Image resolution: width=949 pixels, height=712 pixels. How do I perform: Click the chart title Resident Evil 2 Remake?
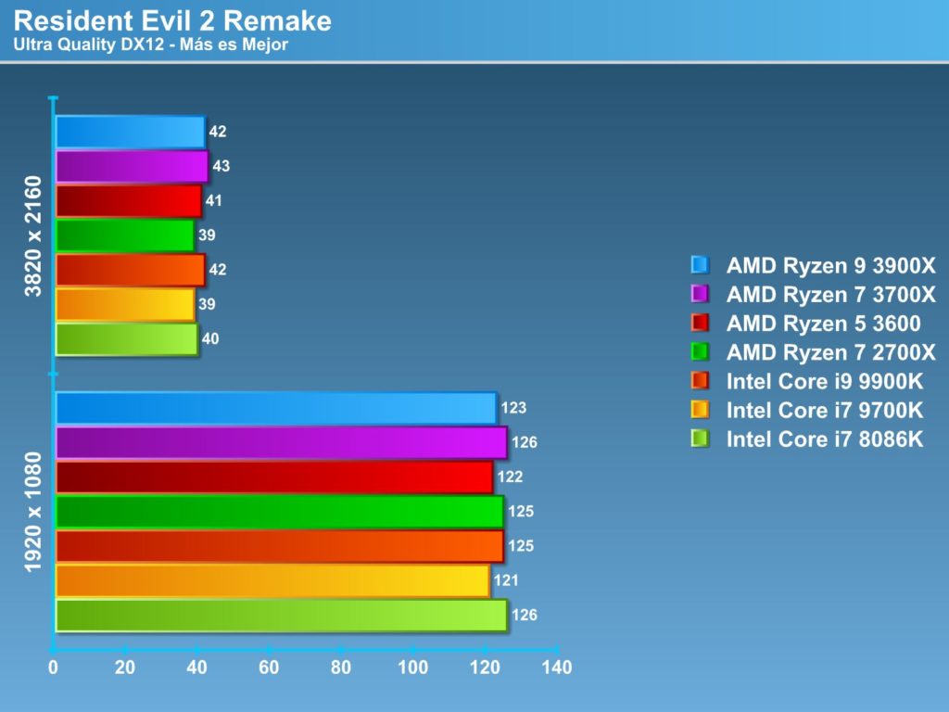click(172, 20)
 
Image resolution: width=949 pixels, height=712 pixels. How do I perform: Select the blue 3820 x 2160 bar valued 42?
click(130, 132)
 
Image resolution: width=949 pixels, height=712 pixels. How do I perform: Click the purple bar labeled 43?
click(132, 166)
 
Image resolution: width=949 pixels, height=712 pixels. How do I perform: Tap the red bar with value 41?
click(129, 200)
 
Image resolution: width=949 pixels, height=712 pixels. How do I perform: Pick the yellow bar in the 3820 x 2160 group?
click(125, 304)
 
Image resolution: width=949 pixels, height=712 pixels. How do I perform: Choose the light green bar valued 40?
click(127, 338)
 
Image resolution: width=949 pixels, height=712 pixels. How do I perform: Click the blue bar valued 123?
click(276, 408)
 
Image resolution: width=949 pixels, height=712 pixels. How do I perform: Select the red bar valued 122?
click(274, 477)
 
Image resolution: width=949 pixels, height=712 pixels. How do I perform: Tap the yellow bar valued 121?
click(272, 580)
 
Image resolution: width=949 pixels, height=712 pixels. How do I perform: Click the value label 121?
click(506, 580)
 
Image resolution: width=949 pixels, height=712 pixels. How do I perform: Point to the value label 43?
click(221, 166)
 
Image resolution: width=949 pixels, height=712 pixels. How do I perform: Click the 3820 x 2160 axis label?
click(34, 235)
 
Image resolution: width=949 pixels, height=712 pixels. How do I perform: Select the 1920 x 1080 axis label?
click(34, 512)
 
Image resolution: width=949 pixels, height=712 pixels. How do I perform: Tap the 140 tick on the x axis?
click(557, 667)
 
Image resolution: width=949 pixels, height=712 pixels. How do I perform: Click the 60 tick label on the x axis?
click(269, 667)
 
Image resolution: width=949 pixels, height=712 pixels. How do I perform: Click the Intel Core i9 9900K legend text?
click(825, 381)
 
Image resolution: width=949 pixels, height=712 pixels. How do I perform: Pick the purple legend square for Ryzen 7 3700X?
click(700, 294)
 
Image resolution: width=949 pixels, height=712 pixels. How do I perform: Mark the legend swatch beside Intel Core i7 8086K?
click(700, 439)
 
